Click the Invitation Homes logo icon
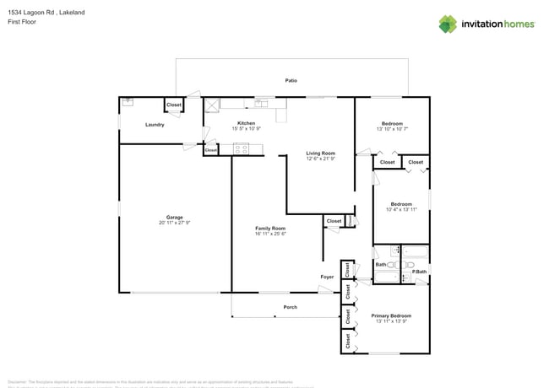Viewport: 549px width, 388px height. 447,24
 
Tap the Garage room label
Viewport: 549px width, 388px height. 175,217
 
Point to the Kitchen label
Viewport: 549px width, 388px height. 246,124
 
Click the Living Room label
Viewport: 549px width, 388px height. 320,154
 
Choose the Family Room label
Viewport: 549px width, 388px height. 271,229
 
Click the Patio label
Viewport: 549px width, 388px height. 291,80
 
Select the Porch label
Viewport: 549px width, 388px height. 290,307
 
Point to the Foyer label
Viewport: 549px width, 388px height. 327,277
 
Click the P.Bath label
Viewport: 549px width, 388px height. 419,271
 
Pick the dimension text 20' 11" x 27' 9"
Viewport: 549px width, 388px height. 175,223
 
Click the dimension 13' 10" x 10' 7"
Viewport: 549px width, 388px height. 391,129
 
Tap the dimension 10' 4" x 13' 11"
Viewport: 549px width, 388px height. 401,209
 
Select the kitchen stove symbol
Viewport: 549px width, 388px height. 242,149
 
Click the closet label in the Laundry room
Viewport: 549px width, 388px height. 174,105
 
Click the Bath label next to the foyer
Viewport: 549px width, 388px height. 381,265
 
